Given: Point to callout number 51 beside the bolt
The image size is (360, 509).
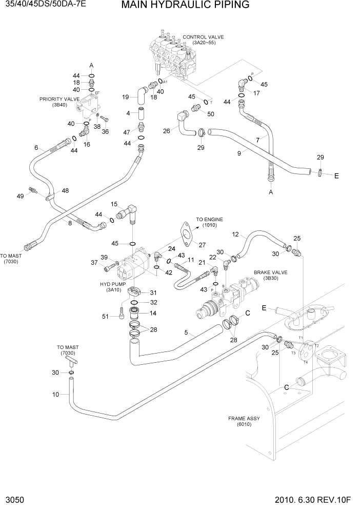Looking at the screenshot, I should (106, 317).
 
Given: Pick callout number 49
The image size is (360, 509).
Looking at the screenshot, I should (21, 196).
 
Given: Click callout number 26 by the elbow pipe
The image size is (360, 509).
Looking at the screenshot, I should (167, 131).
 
